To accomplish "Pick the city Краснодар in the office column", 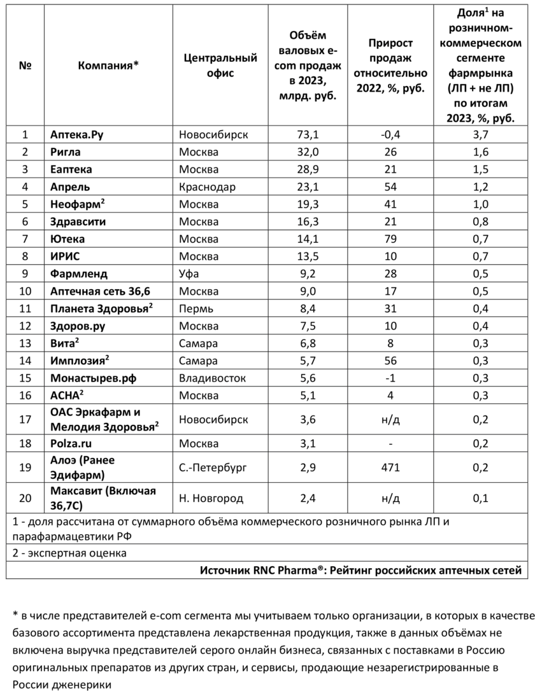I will point(207,187).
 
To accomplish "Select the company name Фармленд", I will point(79,274).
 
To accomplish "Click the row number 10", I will point(25,292).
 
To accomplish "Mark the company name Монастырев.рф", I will point(93,378).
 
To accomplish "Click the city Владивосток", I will point(212,378).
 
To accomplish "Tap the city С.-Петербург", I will point(212,467).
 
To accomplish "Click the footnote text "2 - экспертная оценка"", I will point(69,553).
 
